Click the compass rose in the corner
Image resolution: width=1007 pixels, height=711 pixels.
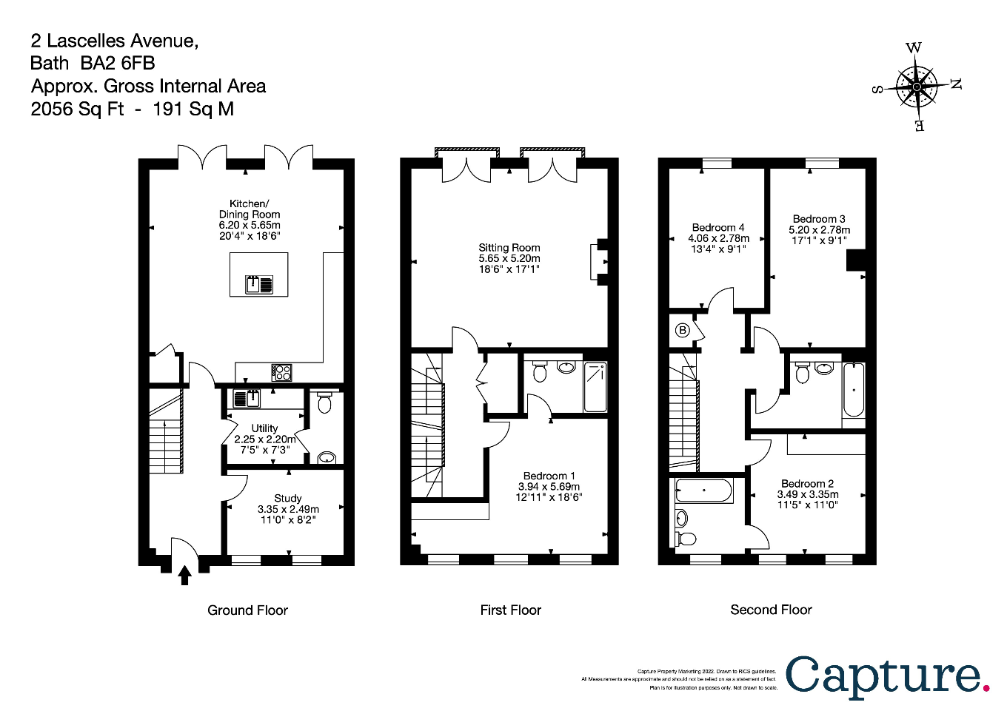click(917, 87)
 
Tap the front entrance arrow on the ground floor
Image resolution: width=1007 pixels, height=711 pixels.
click(184, 574)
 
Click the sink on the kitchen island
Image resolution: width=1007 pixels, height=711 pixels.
click(259, 283)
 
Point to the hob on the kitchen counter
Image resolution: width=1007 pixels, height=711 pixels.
click(281, 372)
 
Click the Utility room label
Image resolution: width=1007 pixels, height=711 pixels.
click(264, 428)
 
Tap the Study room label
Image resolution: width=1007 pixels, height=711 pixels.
click(288, 498)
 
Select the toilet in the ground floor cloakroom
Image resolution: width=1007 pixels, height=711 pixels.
click(324, 403)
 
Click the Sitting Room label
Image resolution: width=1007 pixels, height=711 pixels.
click(509, 248)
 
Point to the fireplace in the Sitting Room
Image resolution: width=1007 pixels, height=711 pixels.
click(597, 261)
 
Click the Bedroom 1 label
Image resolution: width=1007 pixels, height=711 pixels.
click(549, 476)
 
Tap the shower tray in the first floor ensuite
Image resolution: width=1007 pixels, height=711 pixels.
click(595, 387)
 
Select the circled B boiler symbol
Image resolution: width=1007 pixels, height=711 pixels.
click(683, 331)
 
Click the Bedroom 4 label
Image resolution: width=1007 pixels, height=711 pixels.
click(718, 227)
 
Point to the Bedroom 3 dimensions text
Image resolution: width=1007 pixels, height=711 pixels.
click(819, 235)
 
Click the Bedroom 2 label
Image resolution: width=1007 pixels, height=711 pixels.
click(807, 483)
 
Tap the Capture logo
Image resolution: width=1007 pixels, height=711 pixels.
click(887, 675)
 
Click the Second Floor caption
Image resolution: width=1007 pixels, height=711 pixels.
click(771, 610)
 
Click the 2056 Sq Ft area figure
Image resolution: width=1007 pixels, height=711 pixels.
click(77, 109)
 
